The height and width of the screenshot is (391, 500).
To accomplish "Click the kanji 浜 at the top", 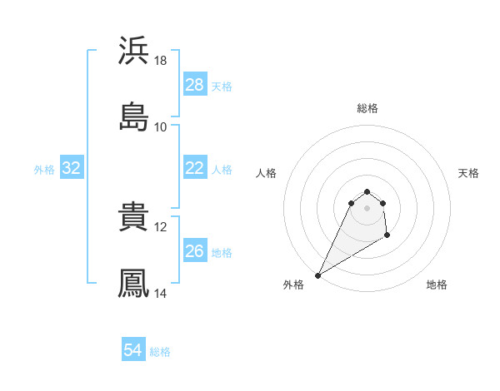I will click(134, 52).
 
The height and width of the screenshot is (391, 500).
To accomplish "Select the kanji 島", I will click(134, 117).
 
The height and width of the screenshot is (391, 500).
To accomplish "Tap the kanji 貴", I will click(134, 218).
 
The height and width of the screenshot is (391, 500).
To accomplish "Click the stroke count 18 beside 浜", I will click(161, 61).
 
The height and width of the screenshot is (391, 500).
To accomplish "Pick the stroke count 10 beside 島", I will click(161, 126).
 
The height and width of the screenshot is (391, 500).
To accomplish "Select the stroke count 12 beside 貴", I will click(161, 226).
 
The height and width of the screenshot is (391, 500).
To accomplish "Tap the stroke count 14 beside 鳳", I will click(161, 293).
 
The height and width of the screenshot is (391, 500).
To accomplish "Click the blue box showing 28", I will click(195, 85).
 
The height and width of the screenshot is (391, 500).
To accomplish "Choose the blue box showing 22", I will click(195, 168).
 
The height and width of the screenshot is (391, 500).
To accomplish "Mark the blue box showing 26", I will click(195, 251).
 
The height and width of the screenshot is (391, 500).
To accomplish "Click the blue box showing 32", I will click(72, 168).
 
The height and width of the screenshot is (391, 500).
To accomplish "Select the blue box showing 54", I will click(133, 351).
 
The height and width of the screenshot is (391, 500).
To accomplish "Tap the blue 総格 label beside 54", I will click(160, 352).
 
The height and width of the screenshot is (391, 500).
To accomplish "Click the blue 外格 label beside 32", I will click(44, 169).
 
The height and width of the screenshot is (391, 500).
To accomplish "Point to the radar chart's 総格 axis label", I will click(367, 108).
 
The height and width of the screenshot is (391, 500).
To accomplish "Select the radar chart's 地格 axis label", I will click(437, 285).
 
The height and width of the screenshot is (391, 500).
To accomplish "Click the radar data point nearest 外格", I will click(317, 275).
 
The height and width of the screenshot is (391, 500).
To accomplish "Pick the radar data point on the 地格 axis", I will click(387, 236).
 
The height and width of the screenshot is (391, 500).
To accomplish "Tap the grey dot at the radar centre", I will click(367, 207).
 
